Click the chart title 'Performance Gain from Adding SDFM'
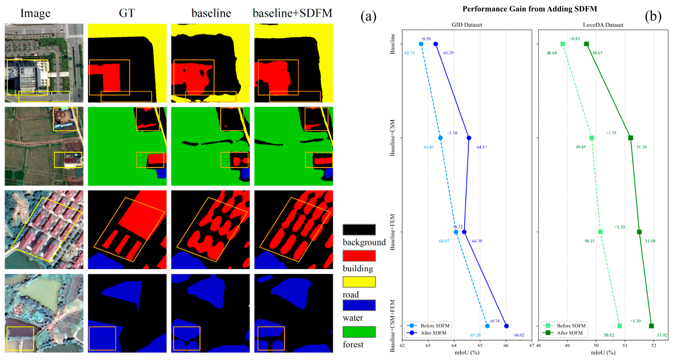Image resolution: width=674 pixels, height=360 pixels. click(530, 9)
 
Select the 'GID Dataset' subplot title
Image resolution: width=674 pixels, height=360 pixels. click(467, 25)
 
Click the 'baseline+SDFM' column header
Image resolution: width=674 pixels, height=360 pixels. click(292, 13)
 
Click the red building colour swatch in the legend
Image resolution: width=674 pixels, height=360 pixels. click(359, 256)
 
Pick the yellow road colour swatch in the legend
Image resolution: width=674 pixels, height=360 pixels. click(359, 282)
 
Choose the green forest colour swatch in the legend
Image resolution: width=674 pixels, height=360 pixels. click(359, 332)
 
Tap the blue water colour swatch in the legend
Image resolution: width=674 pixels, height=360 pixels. click(359, 305)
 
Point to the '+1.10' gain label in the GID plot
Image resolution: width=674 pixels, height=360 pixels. click(452, 133)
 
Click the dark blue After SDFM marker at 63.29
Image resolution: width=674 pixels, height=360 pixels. click(436, 44)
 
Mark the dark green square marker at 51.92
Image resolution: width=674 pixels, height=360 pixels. click(651, 326)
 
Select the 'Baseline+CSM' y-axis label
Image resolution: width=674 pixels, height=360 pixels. click(392, 138)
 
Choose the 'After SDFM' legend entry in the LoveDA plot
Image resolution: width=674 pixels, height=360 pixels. click(570, 333)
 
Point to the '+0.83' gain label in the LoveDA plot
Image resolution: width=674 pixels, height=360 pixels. click(574, 39)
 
